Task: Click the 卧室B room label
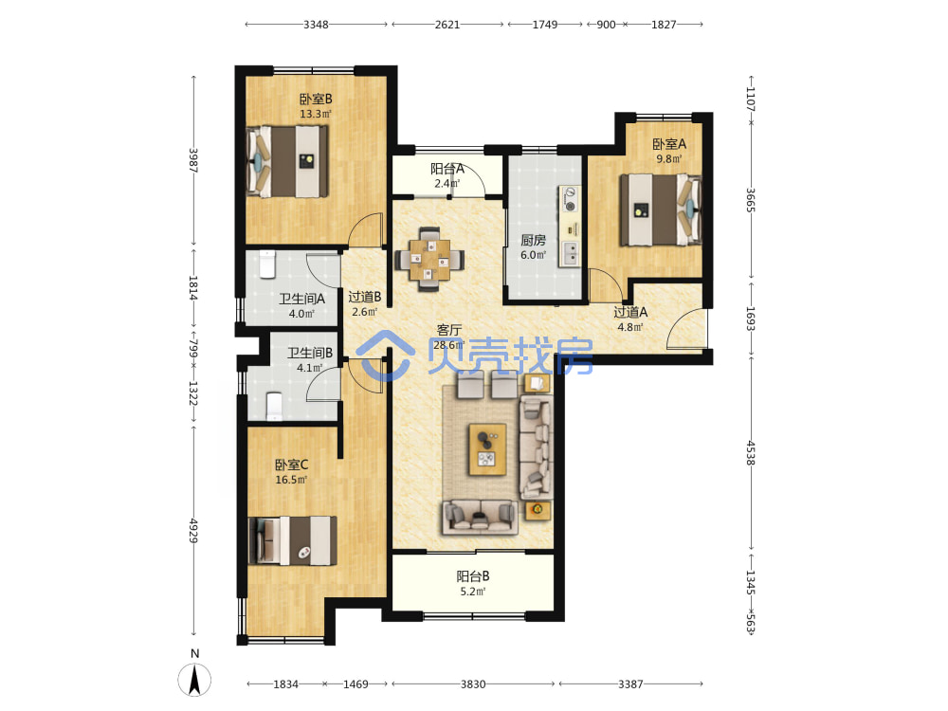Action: [x=316, y=99]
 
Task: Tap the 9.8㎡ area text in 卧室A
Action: [x=668, y=159]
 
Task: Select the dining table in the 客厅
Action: [x=429, y=260]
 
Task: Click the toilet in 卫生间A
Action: [x=267, y=264]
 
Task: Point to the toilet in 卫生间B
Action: [x=275, y=407]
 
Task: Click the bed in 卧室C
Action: [x=293, y=540]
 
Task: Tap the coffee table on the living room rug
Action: [x=488, y=449]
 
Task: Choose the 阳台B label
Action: [x=473, y=576]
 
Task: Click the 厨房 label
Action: [x=533, y=240]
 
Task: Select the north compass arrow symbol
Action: [x=194, y=680]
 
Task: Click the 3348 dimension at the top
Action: [x=316, y=25]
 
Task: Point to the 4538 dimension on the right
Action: [x=750, y=453]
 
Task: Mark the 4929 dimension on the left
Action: [x=193, y=530]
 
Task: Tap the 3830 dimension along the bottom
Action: [x=473, y=684]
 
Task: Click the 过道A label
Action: [x=630, y=312]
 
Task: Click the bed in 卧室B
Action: [x=288, y=161]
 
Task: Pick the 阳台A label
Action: [x=447, y=169]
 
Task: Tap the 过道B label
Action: [x=365, y=297]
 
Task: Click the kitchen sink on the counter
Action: [x=570, y=254]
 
